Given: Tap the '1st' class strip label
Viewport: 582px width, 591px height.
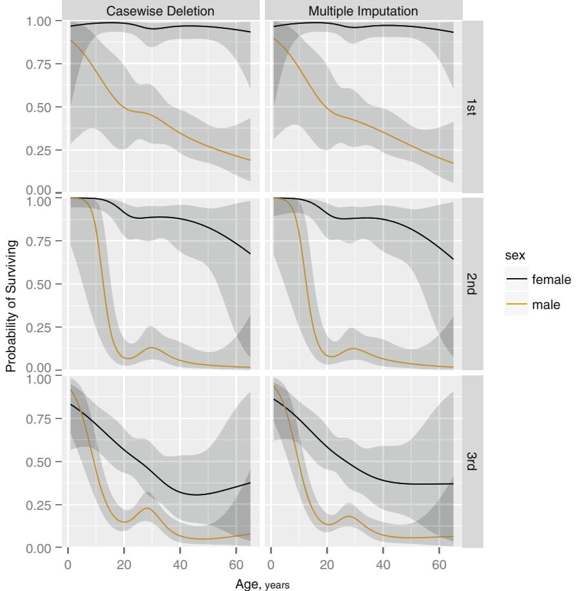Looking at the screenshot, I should pos(470,107).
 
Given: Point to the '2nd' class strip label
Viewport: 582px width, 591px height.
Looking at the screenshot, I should pos(470,284).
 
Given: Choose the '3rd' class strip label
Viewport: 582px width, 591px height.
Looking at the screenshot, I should pos(470,462).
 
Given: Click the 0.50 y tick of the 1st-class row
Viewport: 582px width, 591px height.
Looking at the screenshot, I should pos(42,107).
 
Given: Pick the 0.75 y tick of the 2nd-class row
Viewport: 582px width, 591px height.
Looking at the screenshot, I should pos(42,241).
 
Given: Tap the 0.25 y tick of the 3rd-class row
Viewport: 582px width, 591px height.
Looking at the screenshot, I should pos(42,505).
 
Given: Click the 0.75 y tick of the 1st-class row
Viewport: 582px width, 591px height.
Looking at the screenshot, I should pos(42,64).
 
